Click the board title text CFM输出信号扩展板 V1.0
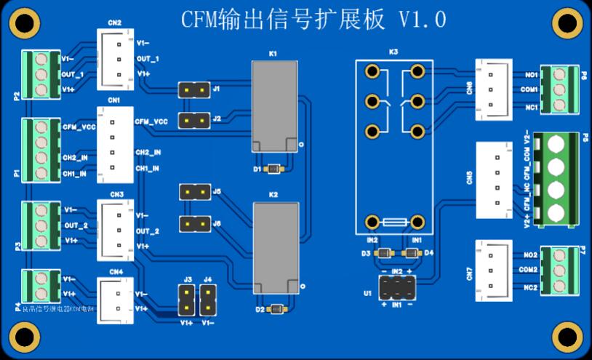tap(313, 20)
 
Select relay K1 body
tap(274, 106)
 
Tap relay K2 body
tap(276, 247)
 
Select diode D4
tap(411, 253)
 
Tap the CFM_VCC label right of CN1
tap(151, 122)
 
